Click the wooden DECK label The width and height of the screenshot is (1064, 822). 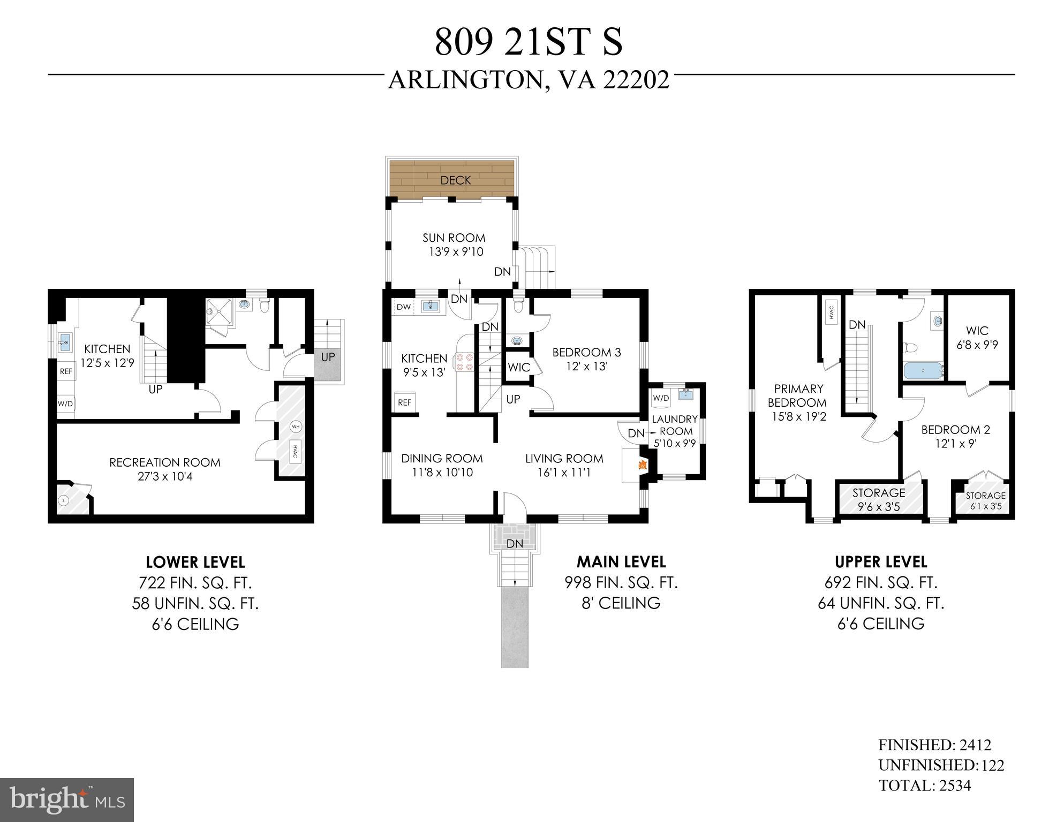[x=455, y=180]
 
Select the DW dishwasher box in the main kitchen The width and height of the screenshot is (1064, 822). [x=404, y=307]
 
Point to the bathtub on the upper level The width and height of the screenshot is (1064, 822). [x=923, y=370]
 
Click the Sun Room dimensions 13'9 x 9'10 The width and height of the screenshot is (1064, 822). [x=456, y=252]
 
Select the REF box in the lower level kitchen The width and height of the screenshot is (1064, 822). [x=66, y=371]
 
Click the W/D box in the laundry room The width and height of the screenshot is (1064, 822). [x=661, y=398]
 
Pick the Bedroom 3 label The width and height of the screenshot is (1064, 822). [x=586, y=352]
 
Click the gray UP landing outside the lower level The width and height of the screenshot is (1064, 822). [x=327, y=364]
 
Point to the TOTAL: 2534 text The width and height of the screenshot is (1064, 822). [x=925, y=786]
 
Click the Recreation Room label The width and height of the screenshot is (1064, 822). [x=165, y=462]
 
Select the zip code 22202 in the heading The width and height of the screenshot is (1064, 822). [x=636, y=80]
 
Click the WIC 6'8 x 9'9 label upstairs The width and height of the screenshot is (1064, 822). [x=977, y=338]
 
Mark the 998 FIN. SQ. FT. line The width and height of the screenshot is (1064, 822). [x=621, y=582]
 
